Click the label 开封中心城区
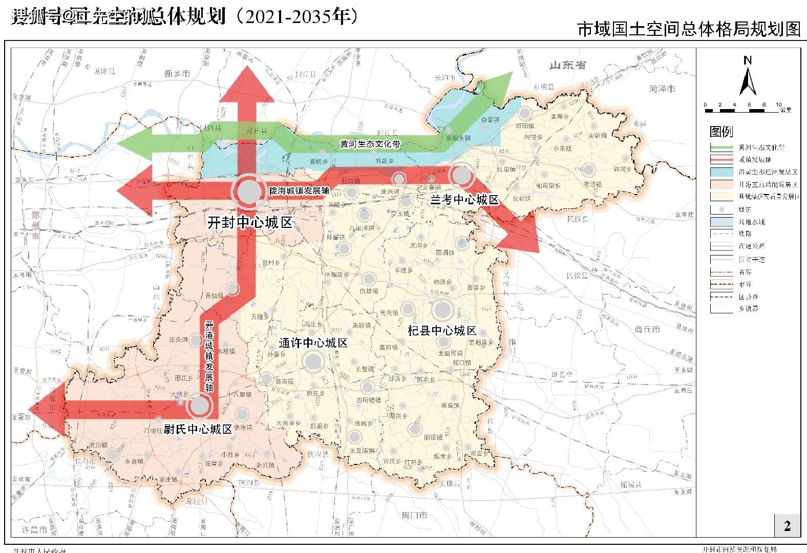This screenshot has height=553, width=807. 249,223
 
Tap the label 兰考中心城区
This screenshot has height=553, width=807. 464,200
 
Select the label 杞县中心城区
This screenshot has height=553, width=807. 442,330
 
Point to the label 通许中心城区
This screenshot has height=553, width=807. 313,343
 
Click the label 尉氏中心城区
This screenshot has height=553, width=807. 198,429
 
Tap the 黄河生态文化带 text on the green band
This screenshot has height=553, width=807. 370,144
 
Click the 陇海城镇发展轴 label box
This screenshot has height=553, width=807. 299,190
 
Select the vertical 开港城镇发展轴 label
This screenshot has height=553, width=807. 209,356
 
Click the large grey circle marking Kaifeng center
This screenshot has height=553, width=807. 250,190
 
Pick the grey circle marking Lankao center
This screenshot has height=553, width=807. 462,175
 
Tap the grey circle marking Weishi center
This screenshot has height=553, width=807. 199,407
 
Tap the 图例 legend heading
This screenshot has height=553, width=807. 721,132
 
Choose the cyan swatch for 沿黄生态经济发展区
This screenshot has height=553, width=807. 721,172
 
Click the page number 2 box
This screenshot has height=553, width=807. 787,525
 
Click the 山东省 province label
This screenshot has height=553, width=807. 567,65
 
